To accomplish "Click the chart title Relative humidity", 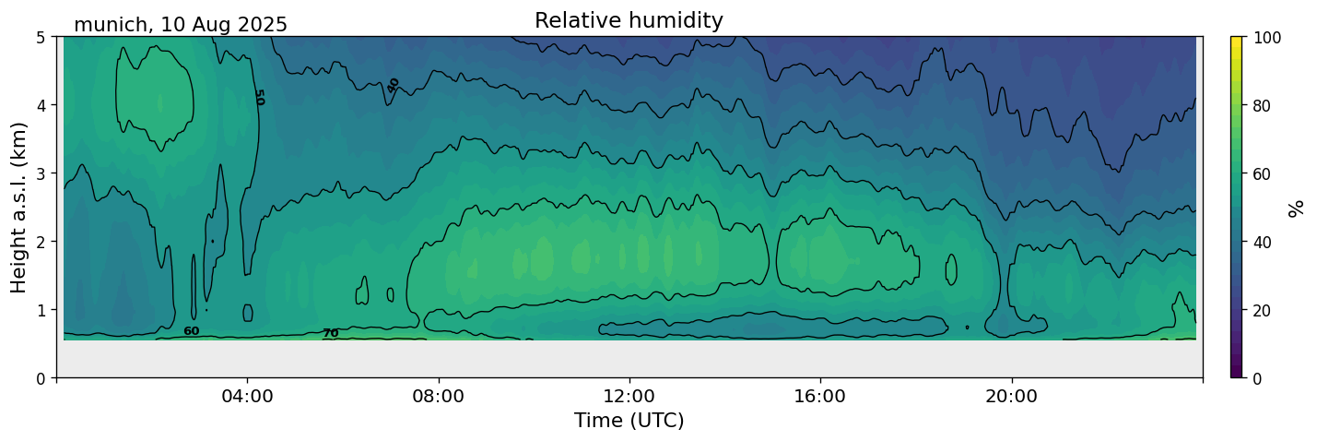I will (629, 20).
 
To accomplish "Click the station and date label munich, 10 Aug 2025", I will (181, 25).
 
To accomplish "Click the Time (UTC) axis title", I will (629, 421).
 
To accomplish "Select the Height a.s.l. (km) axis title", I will (19, 207).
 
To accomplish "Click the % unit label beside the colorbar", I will (1297, 209).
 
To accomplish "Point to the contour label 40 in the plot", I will (394, 85).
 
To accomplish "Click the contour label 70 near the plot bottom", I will (330, 333).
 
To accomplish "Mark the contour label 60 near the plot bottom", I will (191, 331).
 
